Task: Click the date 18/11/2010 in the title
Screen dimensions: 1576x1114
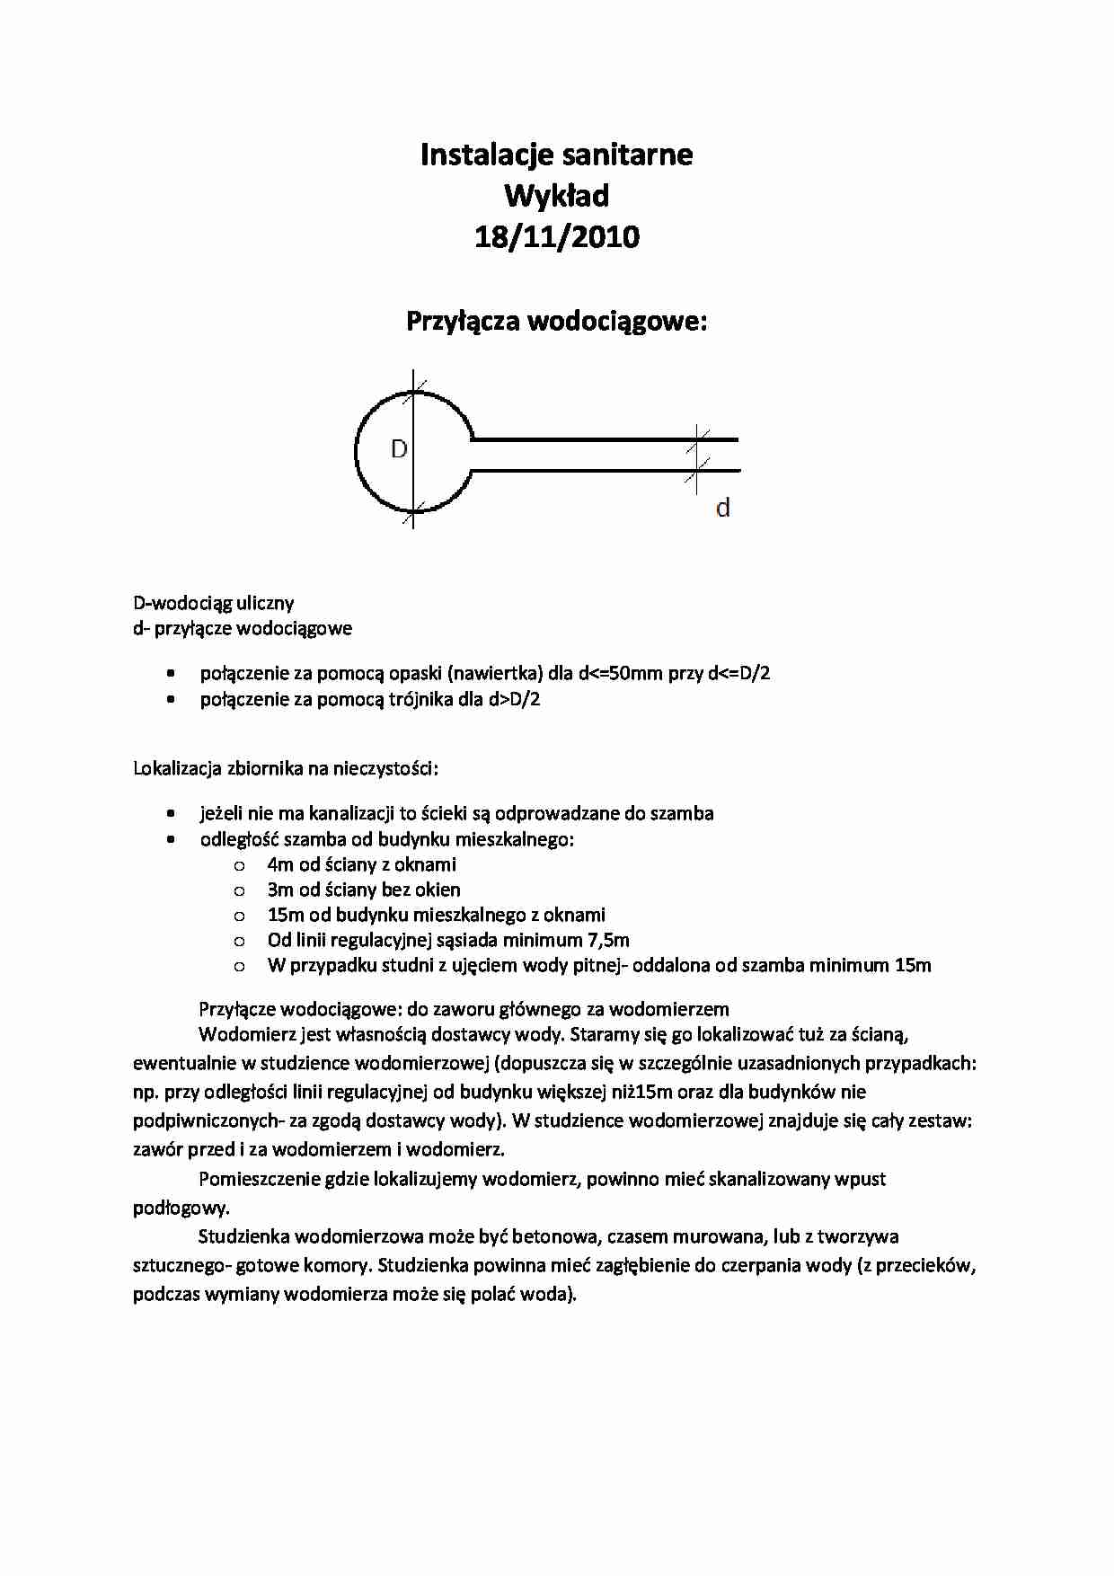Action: click(557, 237)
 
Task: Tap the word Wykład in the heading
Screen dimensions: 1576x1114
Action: click(557, 196)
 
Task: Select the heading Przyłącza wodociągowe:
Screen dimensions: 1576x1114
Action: click(557, 322)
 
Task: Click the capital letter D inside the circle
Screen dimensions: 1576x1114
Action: click(400, 449)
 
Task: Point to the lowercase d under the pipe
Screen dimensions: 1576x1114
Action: click(722, 509)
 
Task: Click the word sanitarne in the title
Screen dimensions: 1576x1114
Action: click(633, 155)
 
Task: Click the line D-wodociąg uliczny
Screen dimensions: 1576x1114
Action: click(214, 603)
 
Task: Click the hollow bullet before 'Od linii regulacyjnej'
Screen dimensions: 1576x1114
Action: click(239, 941)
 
